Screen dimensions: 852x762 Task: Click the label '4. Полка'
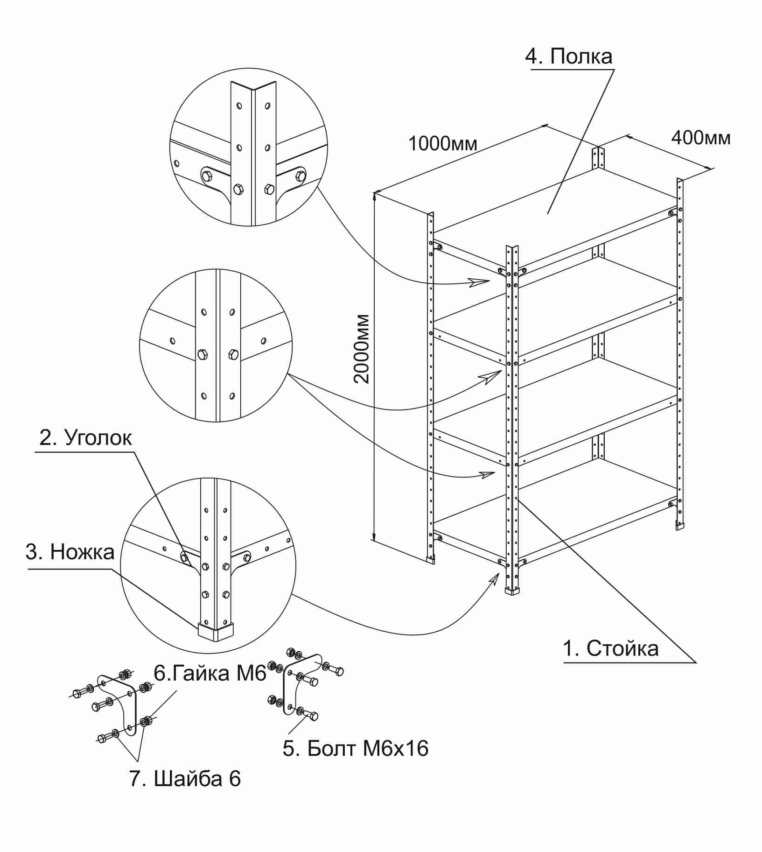click(x=568, y=56)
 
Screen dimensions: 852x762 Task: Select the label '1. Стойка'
click(x=610, y=648)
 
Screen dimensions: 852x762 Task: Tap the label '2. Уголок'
click(x=85, y=438)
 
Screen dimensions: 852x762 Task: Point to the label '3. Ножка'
click(x=70, y=552)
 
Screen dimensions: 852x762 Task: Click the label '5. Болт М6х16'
click(x=355, y=748)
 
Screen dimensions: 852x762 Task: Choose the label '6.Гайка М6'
click(x=210, y=673)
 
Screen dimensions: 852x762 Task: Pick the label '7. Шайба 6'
click(x=185, y=779)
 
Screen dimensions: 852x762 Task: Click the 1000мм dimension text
click(x=442, y=144)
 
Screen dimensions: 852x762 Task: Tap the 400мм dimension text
click(x=700, y=138)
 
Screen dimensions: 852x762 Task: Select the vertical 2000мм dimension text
click(x=362, y=349)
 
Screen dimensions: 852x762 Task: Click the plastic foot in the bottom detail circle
click(x=215, y=631)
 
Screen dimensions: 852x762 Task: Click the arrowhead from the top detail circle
click(x=479, y=282)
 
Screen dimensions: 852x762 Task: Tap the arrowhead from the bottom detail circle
click(x=494, y=579)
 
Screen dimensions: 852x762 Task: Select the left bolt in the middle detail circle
click(x=203, y=354)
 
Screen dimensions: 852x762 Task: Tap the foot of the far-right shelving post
click(x=680, y=526)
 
